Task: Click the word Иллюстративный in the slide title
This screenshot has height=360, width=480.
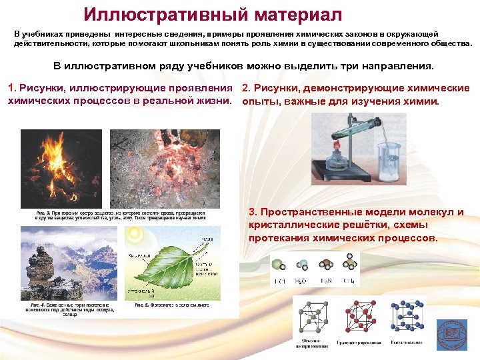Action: [161, 15]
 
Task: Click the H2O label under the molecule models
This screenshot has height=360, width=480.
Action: [301, 281]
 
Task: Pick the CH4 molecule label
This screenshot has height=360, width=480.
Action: [347, 281]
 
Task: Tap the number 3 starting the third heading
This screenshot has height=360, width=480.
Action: [252, 212]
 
